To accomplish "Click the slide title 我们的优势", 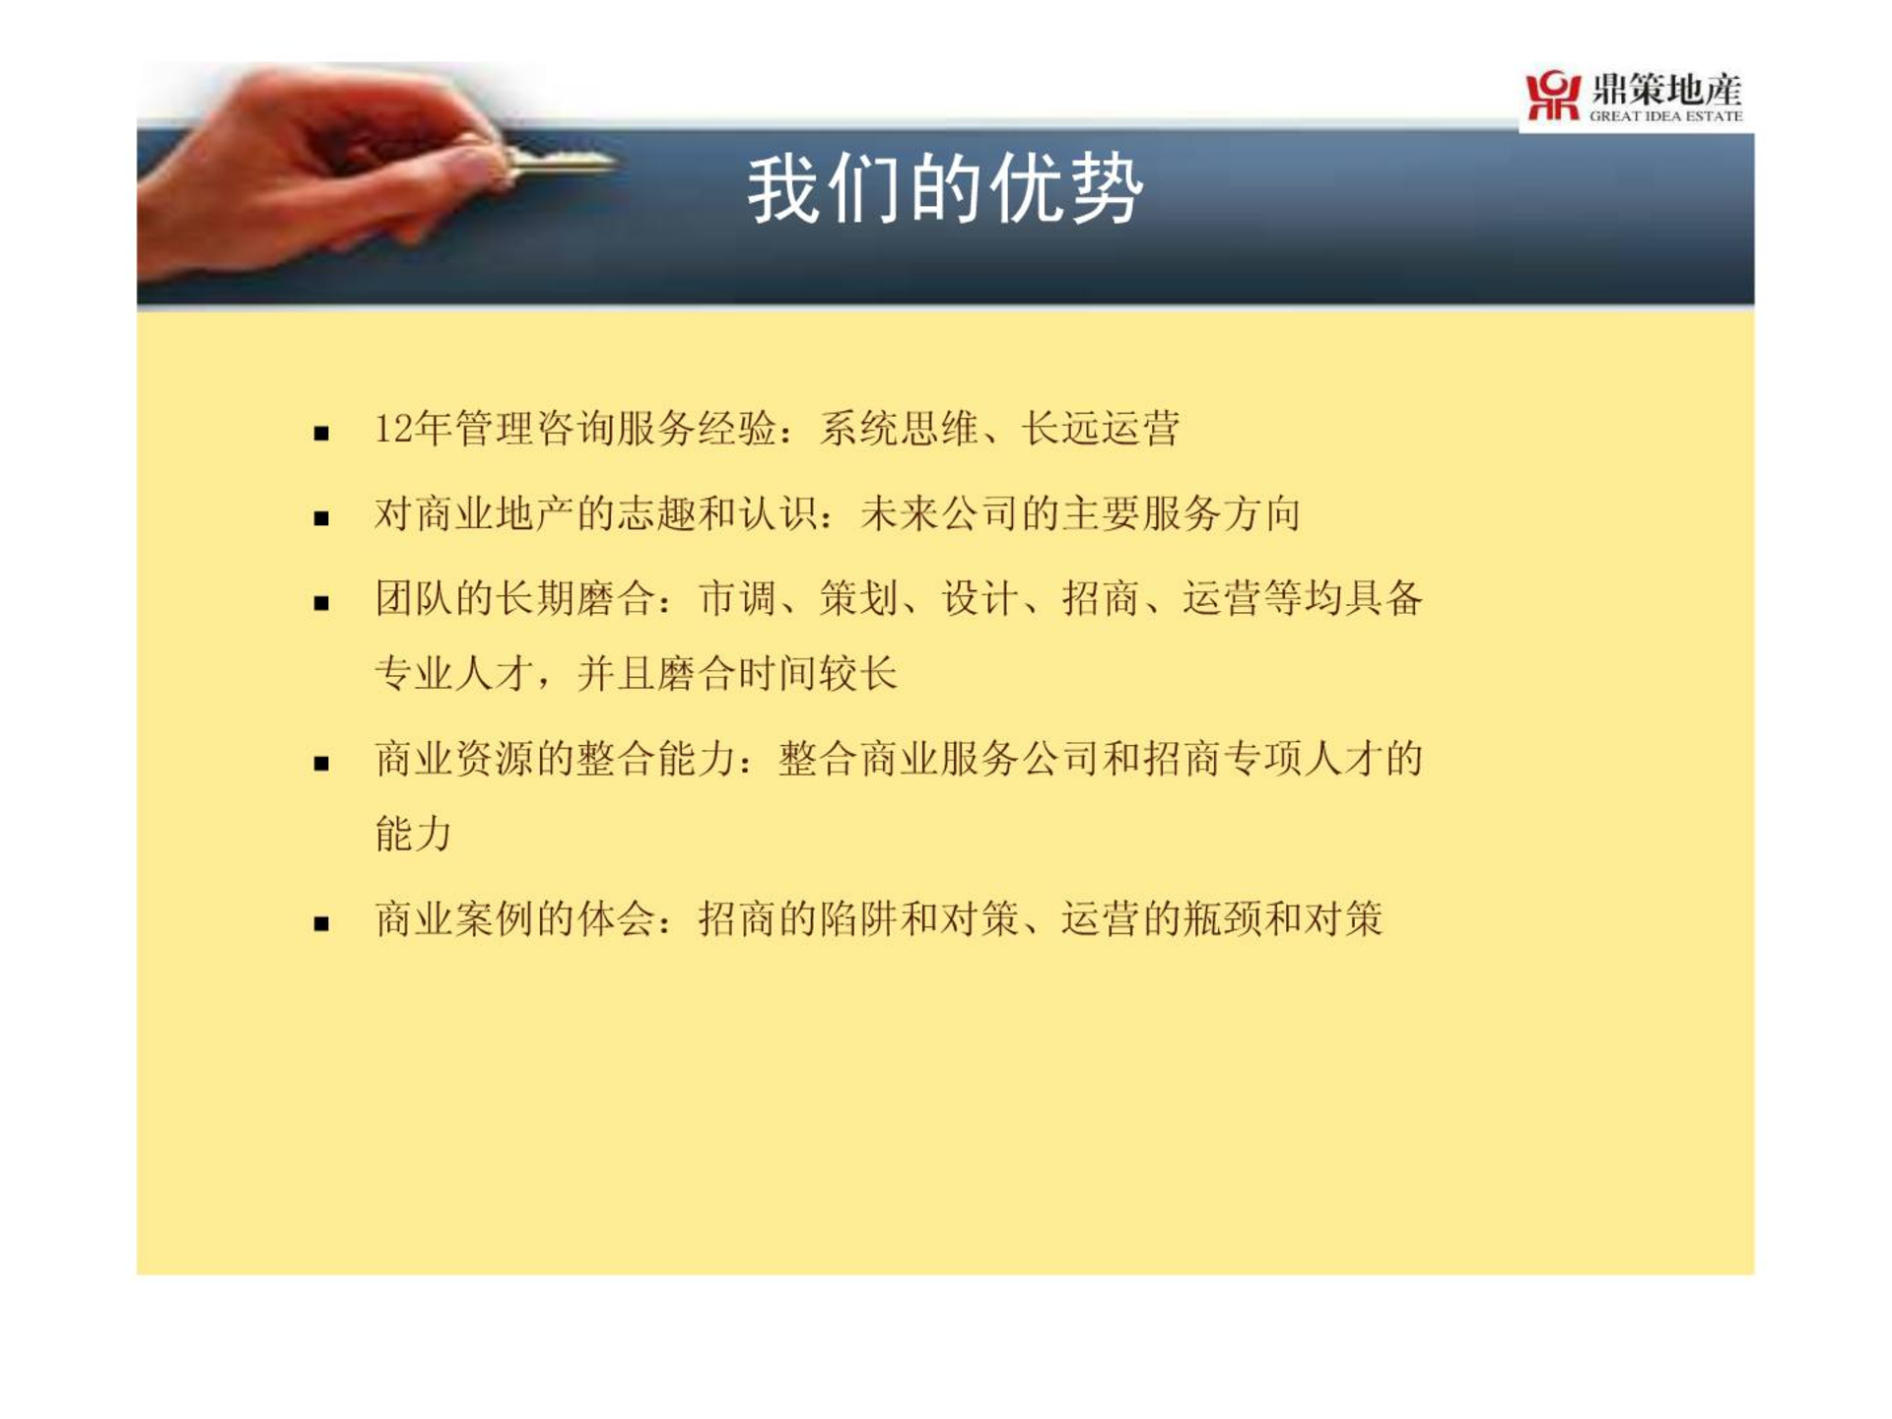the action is (x=945, y=189).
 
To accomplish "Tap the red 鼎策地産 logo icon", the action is (x=1553, y=96).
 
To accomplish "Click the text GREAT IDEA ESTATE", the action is (x=1665, y=116).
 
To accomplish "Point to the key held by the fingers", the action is (x=557, y=164).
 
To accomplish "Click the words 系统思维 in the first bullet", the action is (x=899, y=429).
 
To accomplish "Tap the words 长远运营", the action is (x=1100, y=429).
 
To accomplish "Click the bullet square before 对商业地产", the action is (x=321, y=517).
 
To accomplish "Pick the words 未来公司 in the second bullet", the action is (x=939, y=513).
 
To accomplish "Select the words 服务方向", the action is (x=1221, y=513).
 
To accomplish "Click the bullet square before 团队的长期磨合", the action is (x=321, y=603).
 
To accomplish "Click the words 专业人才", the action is (x=453, y=674).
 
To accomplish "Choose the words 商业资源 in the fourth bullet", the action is (x=453, y=759).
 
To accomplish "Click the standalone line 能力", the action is (x=414, y=834).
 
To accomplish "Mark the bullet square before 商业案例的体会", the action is (x=321, y=924).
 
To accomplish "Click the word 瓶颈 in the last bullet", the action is (x=1222, y=919).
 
